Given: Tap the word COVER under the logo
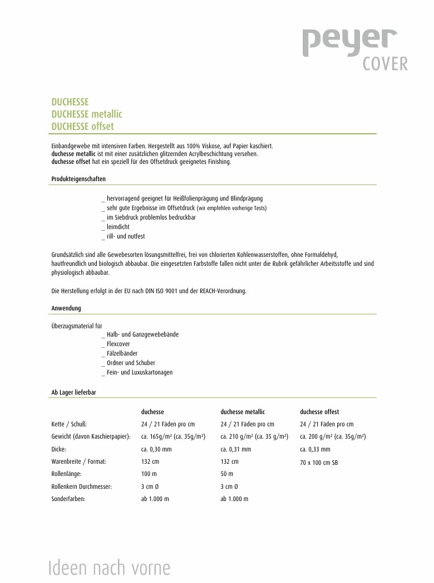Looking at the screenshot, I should coord(385,64).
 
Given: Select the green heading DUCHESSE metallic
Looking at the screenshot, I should coord(86,114).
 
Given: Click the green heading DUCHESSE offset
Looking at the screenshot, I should coord(82,127).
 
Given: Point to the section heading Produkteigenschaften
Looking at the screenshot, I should coord(78,179).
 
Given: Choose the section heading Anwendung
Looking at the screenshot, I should coord(66,308).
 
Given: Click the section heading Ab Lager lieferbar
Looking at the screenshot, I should coord(73,392).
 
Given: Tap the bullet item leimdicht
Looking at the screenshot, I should coord(118,227).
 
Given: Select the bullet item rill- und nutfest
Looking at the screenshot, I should coord(126,236).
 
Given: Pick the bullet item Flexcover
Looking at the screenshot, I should coord(118,344).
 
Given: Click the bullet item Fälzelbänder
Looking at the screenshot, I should coord(122,353).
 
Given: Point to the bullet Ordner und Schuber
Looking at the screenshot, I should coord(131,363).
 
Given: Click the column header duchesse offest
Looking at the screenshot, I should coord(319,412).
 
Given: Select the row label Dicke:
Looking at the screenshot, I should coord(59,449).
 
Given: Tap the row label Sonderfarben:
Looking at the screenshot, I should coord(68,499).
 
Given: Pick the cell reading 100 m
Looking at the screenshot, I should coord(149,474).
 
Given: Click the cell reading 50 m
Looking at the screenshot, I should coord(227,474).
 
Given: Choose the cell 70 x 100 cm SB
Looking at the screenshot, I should coord(319,463).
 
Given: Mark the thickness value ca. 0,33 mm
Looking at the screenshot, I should coord(315,449).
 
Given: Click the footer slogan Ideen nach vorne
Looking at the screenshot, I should coord(109,568).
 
